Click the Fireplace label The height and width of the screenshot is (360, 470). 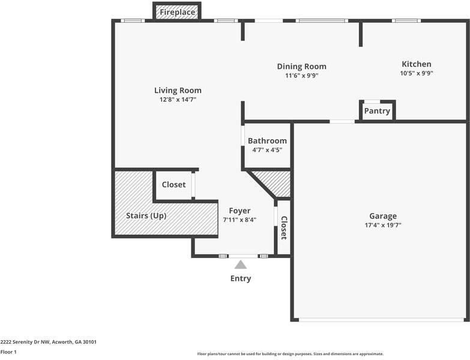pyautogui.click(x=177, y=12)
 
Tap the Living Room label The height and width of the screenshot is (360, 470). pyautogui.click(x=178, y=91)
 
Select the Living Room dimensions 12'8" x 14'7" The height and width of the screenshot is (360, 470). pyautogui.click(x=178, y=100)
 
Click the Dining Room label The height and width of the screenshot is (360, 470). pyautogui.click(x=301, y=67)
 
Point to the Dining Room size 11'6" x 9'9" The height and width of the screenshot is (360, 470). pyautogui.click(x=301, y=76)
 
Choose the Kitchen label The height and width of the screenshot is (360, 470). pyautogui.click(x=416, y=64)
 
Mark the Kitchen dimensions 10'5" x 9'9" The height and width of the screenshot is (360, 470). pyautogui.click(x=416, y=73)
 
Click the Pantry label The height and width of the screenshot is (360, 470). pyautogui.click(x=377, y=111)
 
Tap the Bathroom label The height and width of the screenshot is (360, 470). pyautogui.click(x=267, y=141)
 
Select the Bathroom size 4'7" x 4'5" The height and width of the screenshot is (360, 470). pyautogui.click(x=267, y=150)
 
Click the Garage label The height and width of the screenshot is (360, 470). pyautogui.click(x=382, y=216)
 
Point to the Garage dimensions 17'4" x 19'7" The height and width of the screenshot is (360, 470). pyautogui.click(x=382, y=225)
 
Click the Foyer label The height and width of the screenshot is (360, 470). pyautogui.click(x=240, y=211)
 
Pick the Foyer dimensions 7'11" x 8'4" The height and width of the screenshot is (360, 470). pyautogui.click(x=240, y=220)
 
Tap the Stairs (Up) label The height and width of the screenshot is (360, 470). pyautogui.click(x=146, y=215)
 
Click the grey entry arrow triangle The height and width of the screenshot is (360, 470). pyautogui.click(x=240, y=265)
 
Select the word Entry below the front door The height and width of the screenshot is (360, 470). pyautogui.click(x=241, y=278)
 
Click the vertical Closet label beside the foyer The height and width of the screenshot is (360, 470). pyautogui.click(x=284, y=228)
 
